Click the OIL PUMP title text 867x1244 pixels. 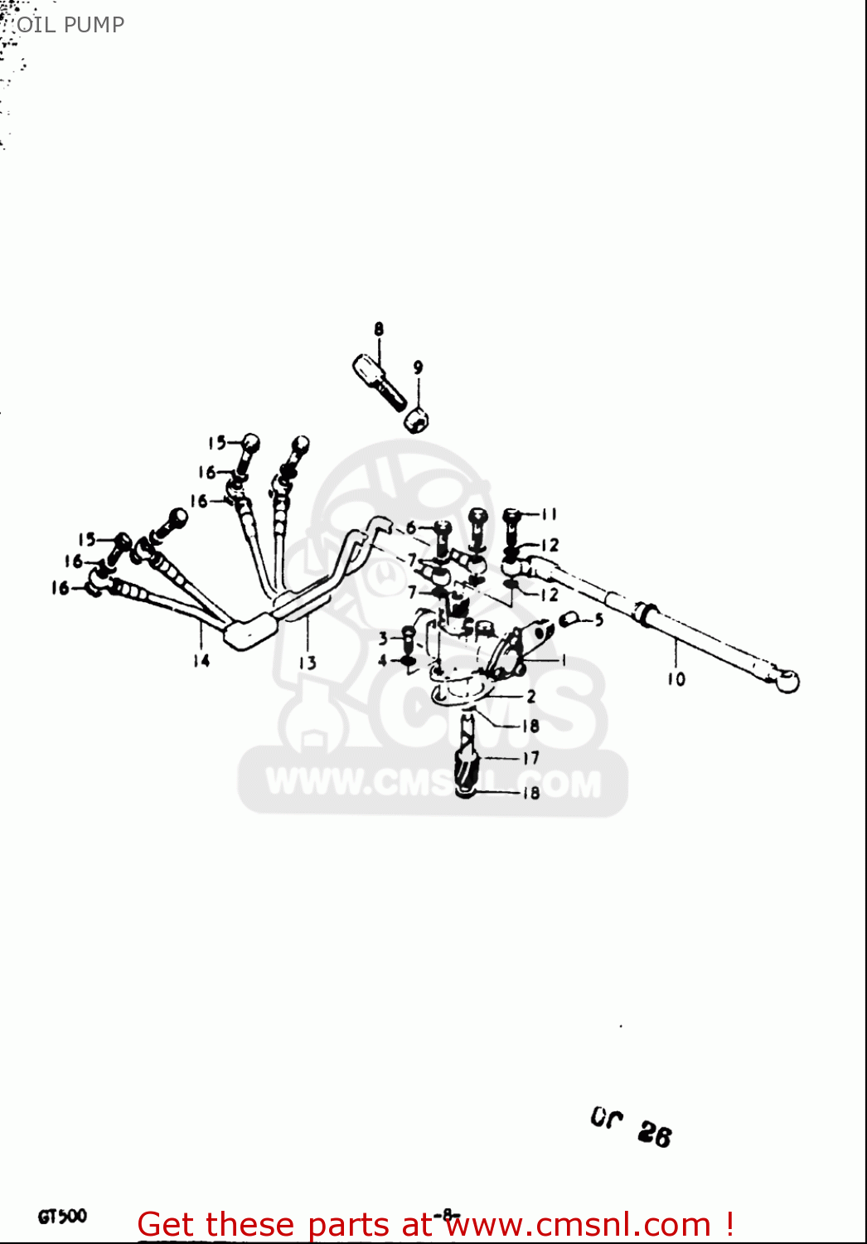coord(70,25)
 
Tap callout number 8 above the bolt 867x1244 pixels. coord(379,329)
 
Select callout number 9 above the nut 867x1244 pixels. coord(418,367)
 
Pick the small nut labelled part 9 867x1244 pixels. coord(417,420)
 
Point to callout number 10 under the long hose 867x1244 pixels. coord(676,679)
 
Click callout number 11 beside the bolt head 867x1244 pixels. coord(549,515)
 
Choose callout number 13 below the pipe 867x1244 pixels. coord(308,663)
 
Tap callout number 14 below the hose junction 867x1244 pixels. coord(201,661)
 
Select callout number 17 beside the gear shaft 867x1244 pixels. coord(530,758)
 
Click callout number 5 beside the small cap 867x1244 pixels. coord(598,620)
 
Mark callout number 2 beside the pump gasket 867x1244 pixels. coord(531,697)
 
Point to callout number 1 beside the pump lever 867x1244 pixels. coord(564,660)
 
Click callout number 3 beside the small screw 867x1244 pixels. coord(383,639)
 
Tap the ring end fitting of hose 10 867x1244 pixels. coord(785,681)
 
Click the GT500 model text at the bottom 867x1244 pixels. coord(62,1217)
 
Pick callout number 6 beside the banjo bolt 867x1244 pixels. coord(411,528)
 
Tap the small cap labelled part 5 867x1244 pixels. coord(570,620)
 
